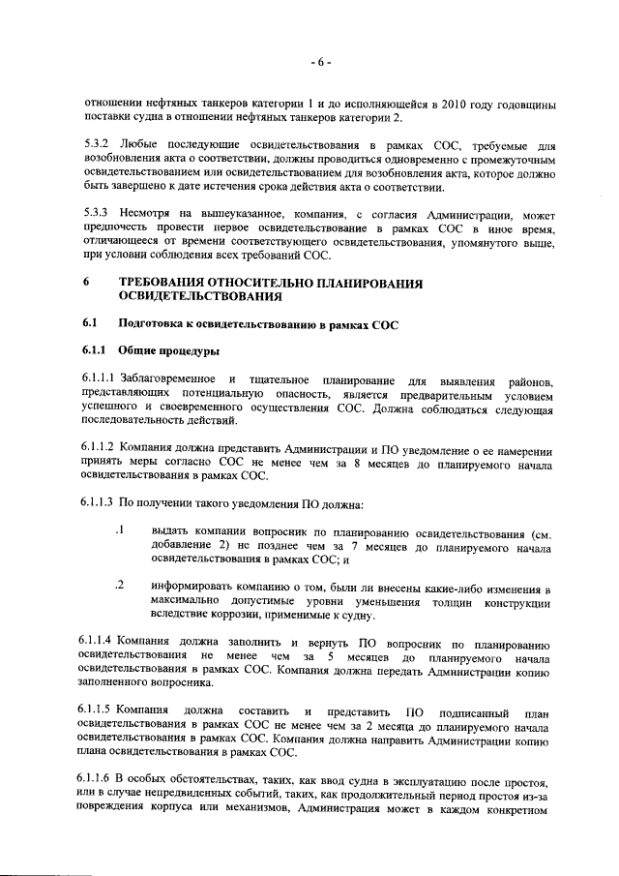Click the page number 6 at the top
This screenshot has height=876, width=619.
(321, 63)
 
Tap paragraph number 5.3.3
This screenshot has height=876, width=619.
(99, 211)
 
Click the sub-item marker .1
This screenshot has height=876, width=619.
(121, 530)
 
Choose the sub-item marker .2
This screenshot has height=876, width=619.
(121, 586)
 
